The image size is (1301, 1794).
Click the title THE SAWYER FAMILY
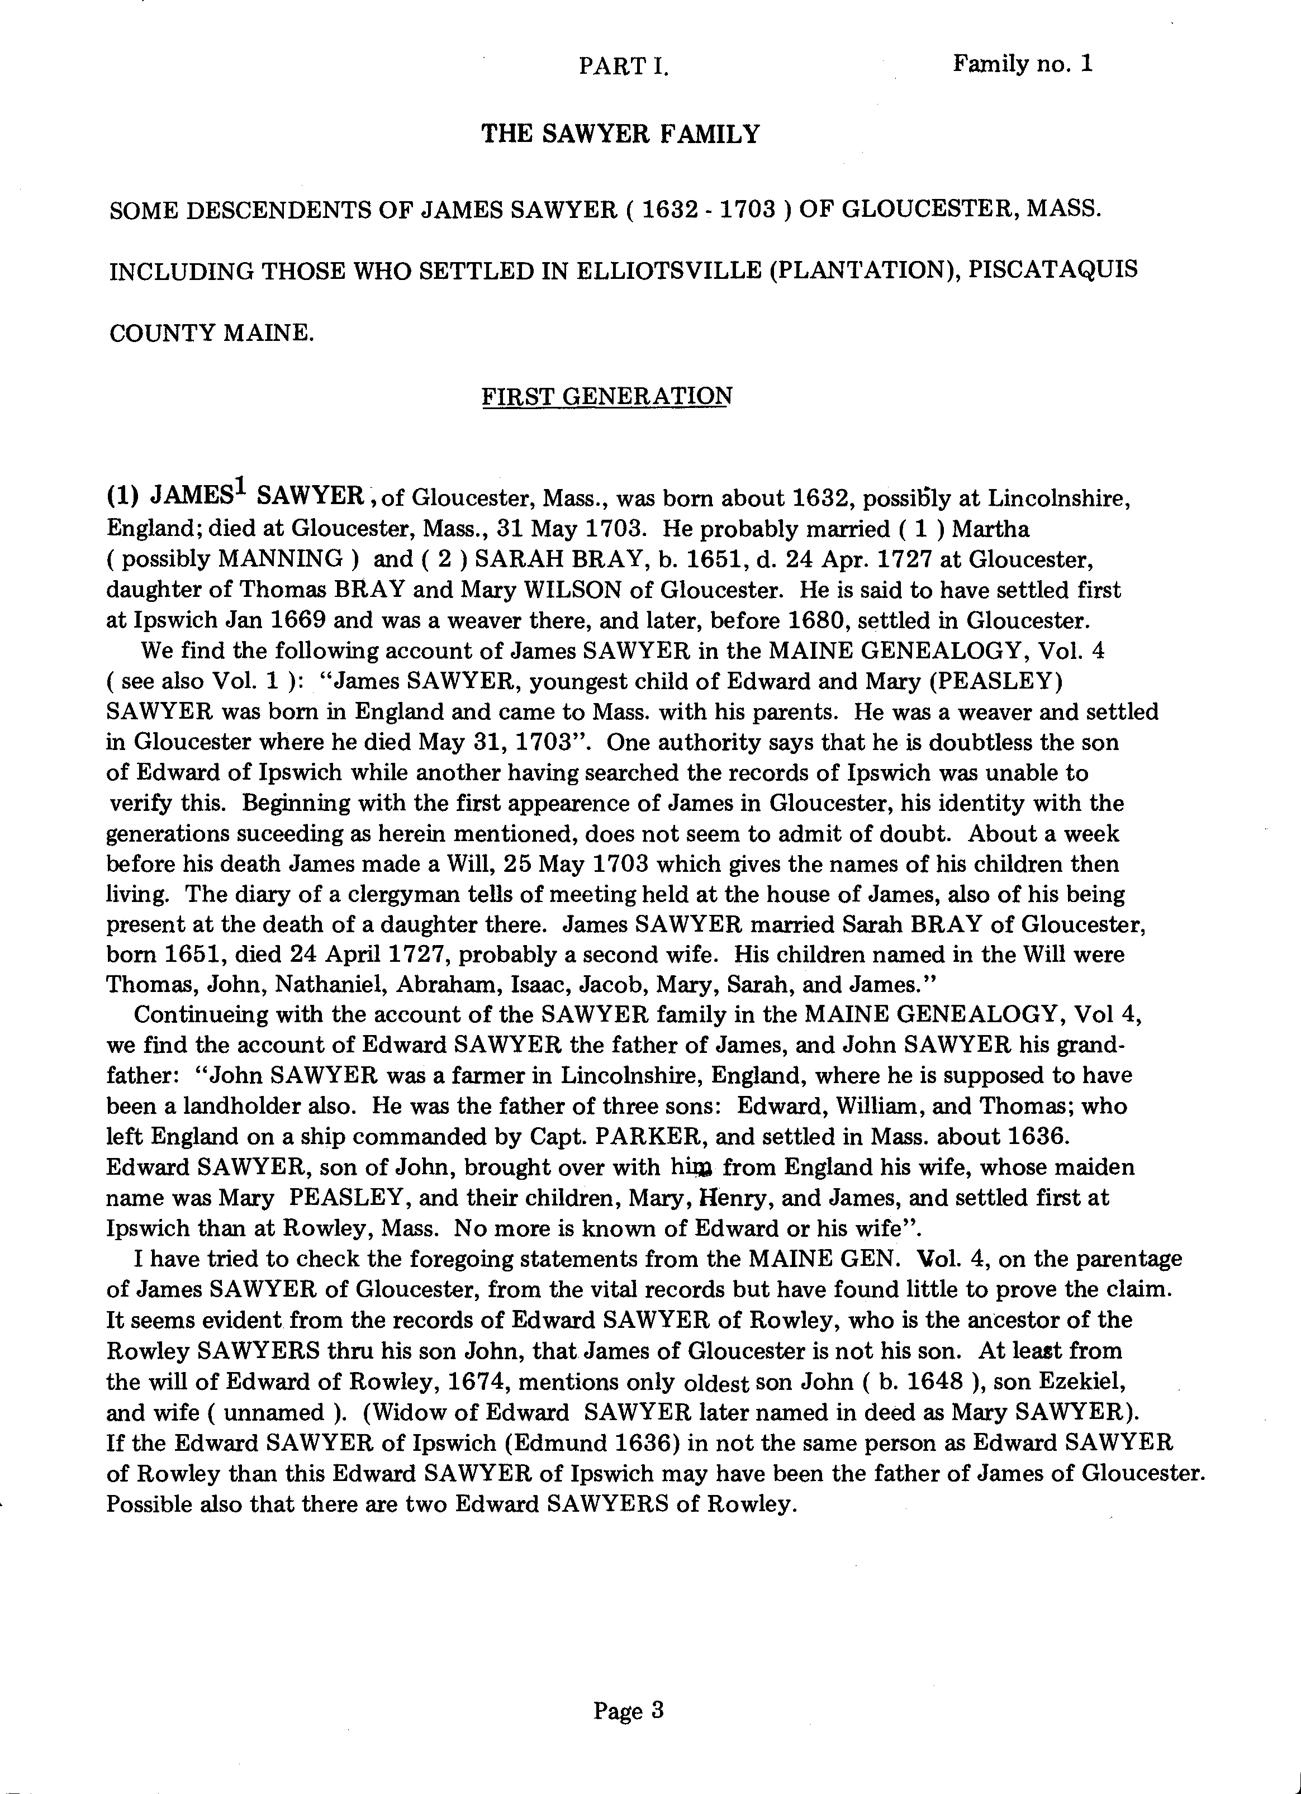pos(620,135)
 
